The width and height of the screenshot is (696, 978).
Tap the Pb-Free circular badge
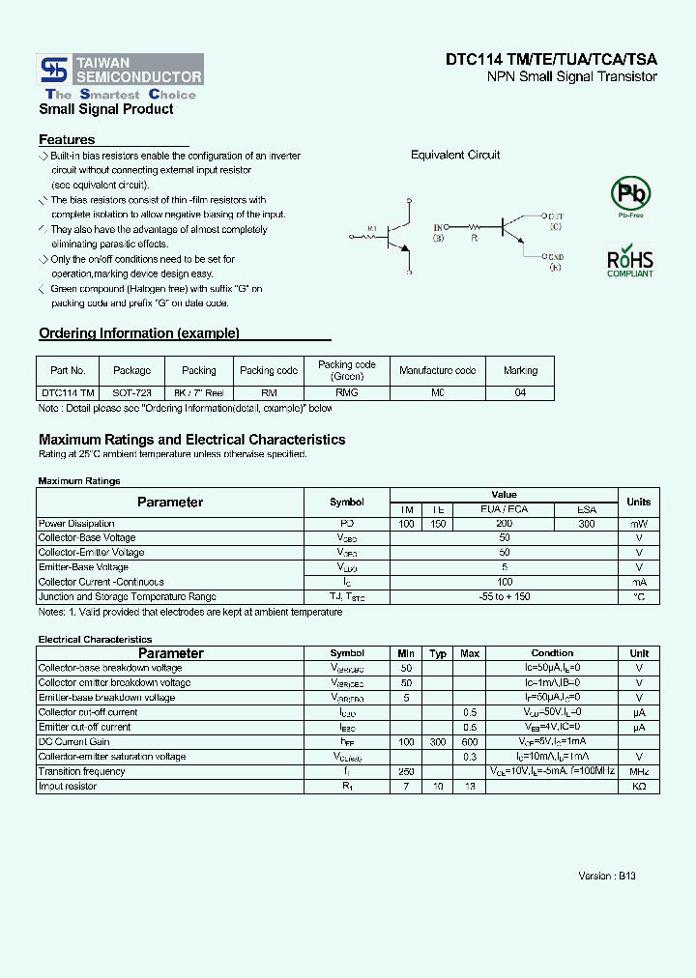point(630,194)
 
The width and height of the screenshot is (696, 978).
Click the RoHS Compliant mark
point(630,263)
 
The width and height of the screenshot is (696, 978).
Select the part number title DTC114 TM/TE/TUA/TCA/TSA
point(551,59)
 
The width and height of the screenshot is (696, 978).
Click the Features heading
point(67,140)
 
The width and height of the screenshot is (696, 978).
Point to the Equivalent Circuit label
point(455,156)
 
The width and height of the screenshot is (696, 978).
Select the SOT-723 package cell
point(132,393)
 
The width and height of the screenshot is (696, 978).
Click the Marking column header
point(521,370)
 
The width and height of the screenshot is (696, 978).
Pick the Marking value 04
point(521,393)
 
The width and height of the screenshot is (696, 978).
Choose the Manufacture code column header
point(438,370)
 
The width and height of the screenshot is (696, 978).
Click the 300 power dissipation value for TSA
point(587,524)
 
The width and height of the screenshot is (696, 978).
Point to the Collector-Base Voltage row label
point(87,538)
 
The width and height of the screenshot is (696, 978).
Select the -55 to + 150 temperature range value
point(504,597)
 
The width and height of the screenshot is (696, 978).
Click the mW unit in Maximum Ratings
point(639,524)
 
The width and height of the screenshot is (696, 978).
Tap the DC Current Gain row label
point(73,742)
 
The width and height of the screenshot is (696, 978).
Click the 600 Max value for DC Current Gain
point(470,742)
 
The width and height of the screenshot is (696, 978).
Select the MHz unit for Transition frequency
point(639,771)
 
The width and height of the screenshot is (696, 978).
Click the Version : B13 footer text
point(606,876)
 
